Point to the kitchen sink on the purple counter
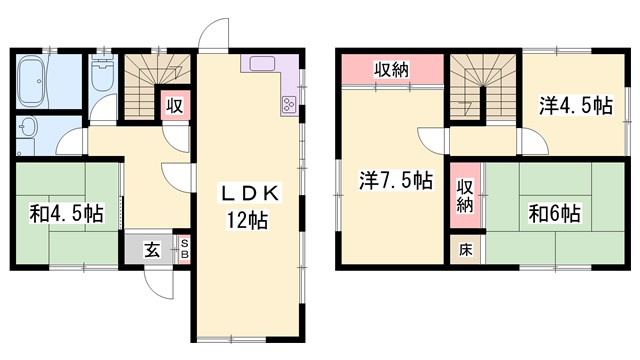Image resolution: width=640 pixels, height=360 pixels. coord(263,66)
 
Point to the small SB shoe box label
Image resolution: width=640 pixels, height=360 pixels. coord(184,249)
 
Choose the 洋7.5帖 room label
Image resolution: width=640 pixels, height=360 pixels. coord(396,182)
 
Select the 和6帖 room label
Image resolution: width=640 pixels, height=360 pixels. coord(555,213)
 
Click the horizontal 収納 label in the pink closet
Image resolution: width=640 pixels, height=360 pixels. coord(390,70)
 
